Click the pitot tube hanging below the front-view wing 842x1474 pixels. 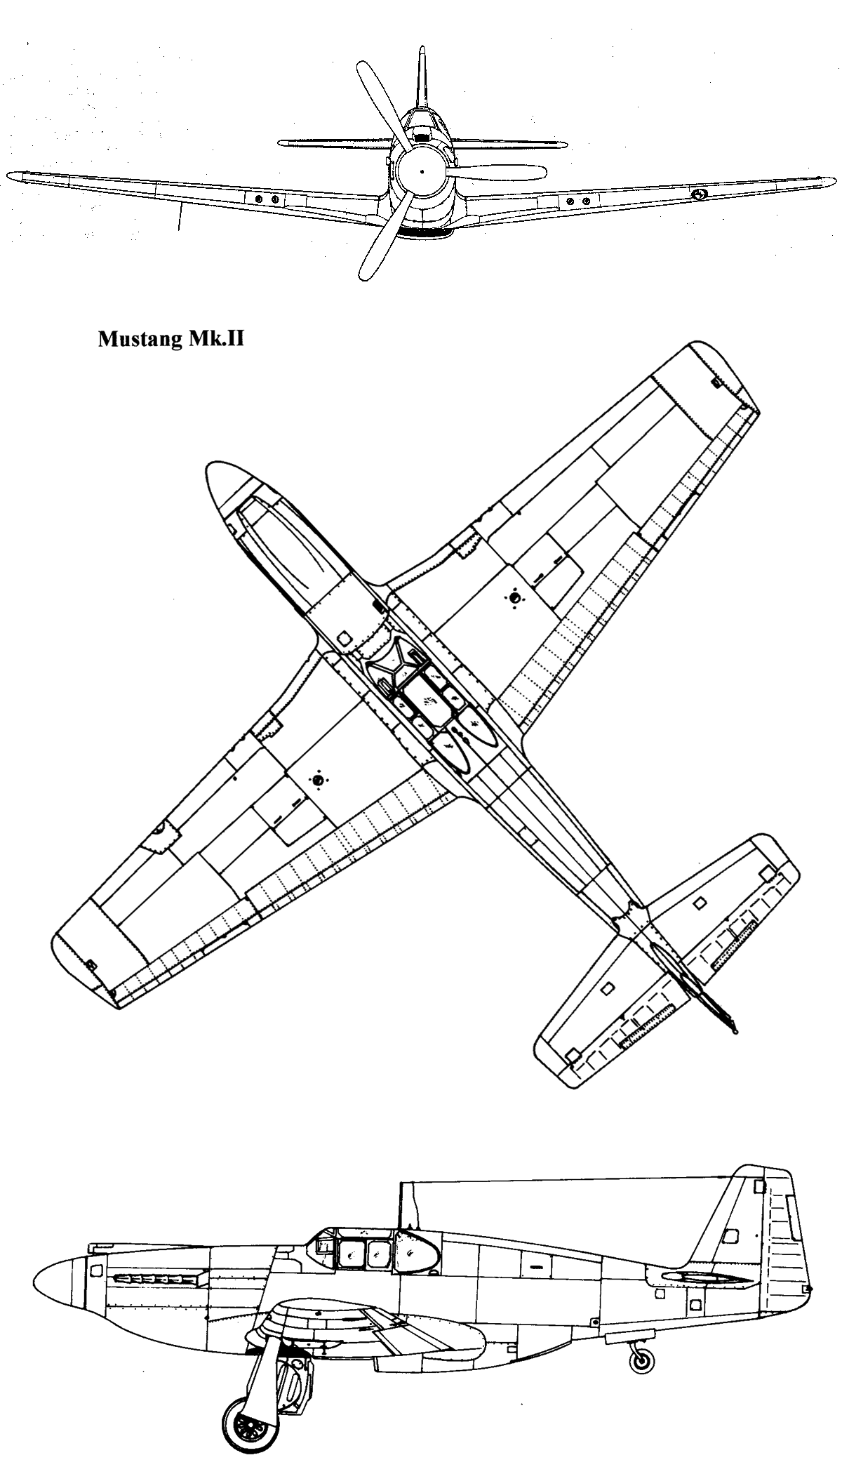click(x=180, y=217)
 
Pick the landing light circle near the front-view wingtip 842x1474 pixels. click(x=697, y=194)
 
